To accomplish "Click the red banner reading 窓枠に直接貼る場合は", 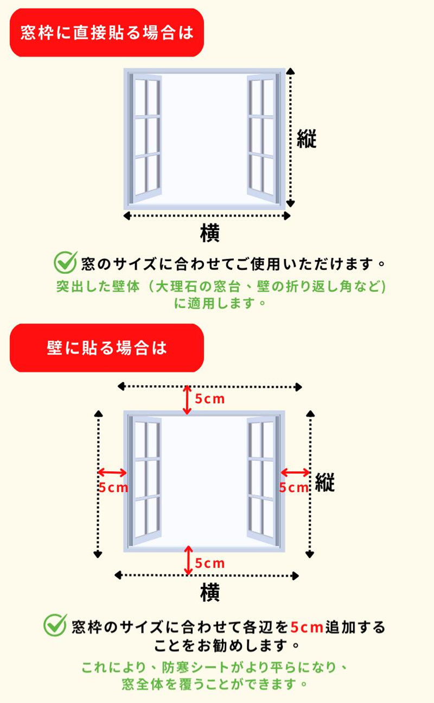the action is click(x=107, y=33).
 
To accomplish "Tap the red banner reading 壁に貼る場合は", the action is click(x=107, y=348).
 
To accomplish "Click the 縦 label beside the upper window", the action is click(x=307, y=139).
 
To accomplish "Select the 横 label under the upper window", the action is click(x=209, y=233).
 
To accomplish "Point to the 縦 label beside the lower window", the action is click(x=324, y=482).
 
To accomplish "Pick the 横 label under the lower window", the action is click(x=209, y=593).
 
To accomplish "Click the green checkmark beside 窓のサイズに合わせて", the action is click(x=65, y=262).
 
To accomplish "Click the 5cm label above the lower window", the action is click(x=209, y=399).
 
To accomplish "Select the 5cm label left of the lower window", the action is click(x=113, y=488).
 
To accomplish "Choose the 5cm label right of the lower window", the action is click(x=293, y=488).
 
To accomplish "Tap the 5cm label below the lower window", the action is click(x=209, y=563).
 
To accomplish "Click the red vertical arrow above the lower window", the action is click(x=187, y=400).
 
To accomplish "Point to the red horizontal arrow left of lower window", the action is click(x=112, y=473).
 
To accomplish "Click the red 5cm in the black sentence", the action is click(x=307, y=627).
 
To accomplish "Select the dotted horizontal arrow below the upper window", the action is click(x=207, y=216).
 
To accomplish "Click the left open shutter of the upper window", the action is click(x=145, y=138).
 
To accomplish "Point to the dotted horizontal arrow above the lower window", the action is click(x=209, y=387).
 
